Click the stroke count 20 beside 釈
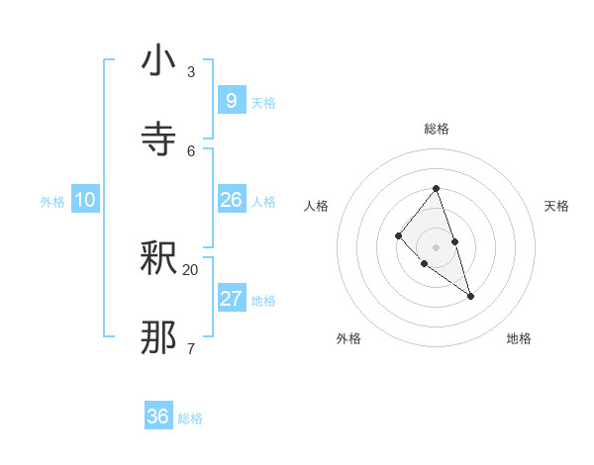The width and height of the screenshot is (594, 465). pos(191,269)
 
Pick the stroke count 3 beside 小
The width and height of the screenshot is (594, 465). pos(191,71)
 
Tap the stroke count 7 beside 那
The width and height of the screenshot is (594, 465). pos(191,348)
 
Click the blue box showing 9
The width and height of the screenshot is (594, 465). pos(231,101)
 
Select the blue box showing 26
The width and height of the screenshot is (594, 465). pos(231,200)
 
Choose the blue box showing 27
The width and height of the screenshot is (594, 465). pos(231,299)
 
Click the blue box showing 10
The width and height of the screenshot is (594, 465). pos(85,200)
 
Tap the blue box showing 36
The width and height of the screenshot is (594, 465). pos(158,417)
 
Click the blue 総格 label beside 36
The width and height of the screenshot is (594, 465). pos(191,418)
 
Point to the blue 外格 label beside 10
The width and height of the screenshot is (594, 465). pos(52,202)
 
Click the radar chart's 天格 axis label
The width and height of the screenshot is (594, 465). pos(556,206)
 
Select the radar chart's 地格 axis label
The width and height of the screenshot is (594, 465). pos(519,338)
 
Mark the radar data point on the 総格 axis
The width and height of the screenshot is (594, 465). pos(436,188)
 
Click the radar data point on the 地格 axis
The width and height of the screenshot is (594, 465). pos(470,296)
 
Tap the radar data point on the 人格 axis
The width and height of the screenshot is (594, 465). pos(398,235)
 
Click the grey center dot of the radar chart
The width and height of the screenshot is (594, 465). pos(436,246)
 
